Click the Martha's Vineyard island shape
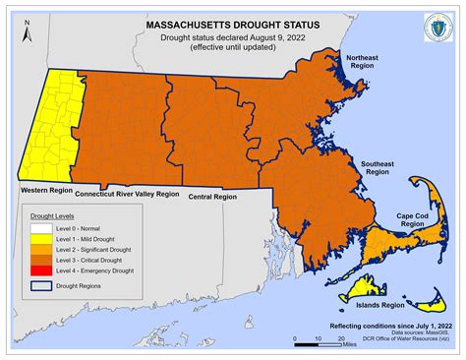pyautogui.click(x=361, y=287)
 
